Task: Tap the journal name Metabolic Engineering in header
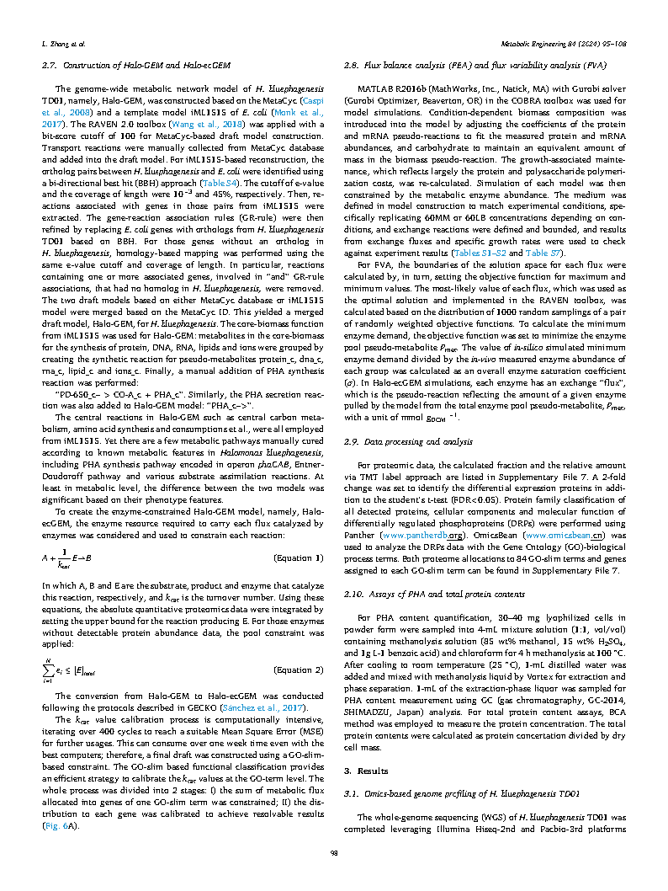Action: (565, 41)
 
